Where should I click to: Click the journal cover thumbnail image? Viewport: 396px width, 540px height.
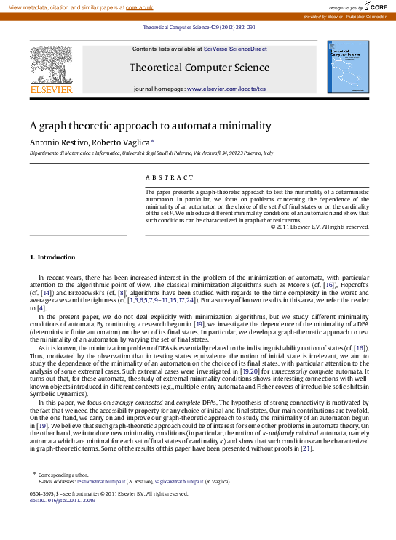tap(348, 68)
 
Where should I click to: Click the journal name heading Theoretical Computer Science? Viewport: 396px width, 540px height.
tap(199, 68)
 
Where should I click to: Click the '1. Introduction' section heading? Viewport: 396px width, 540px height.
tap(52, 257)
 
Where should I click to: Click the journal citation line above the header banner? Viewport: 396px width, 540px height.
tap(199, 27)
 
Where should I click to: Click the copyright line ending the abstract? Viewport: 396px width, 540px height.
tap(320, 227)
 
